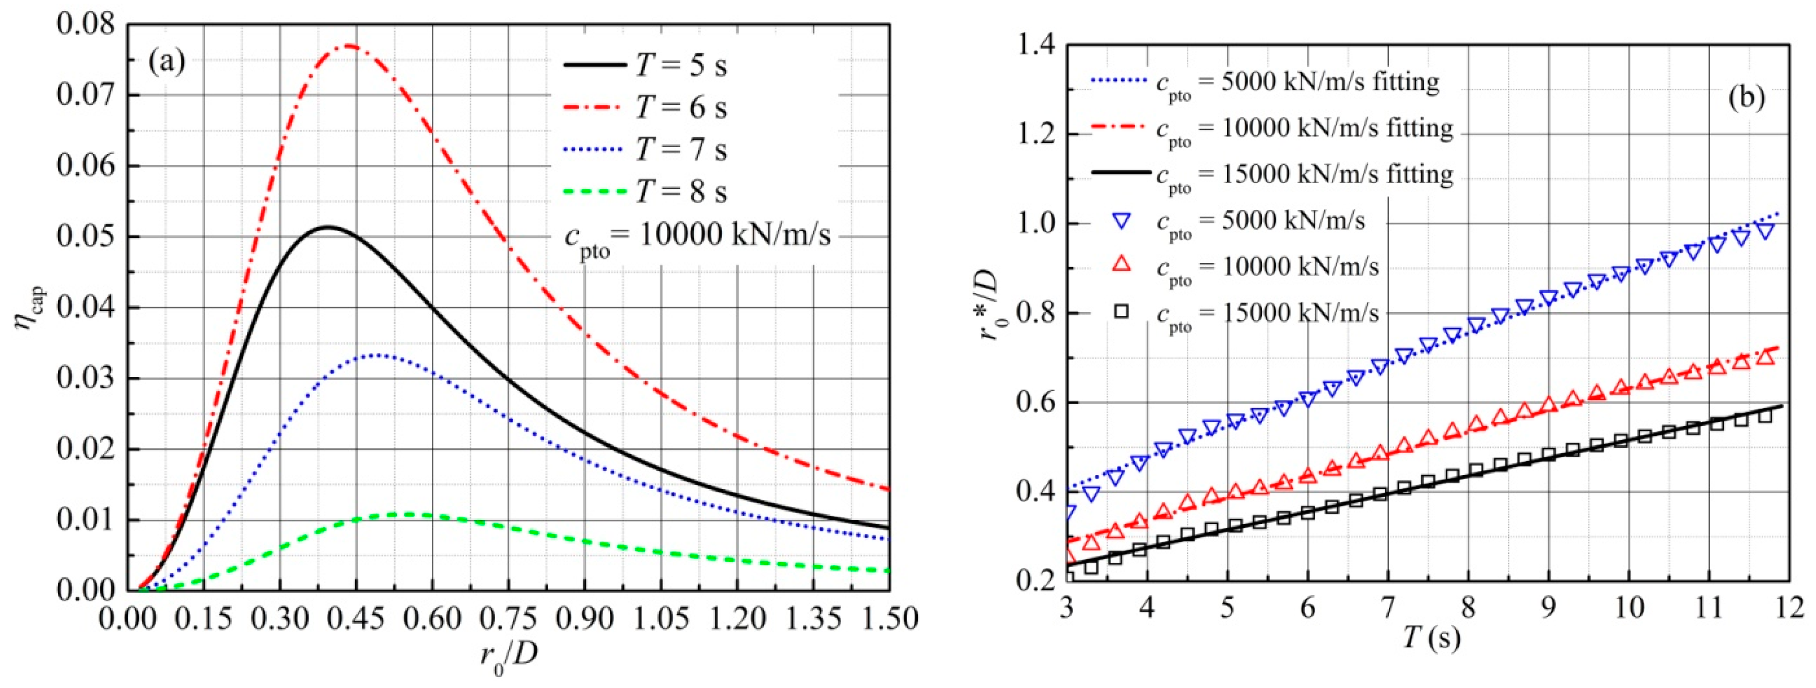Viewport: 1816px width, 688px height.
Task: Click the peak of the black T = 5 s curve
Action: pos(326,227)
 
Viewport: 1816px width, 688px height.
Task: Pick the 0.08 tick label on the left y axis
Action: pos(85,26)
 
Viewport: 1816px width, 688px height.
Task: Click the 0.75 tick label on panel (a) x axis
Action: pos(508,619)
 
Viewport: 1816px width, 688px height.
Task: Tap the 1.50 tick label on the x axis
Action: pos(888,619)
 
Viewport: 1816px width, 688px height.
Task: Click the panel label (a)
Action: pos(167,64)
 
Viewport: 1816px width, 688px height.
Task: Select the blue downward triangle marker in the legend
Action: pos(1121,221)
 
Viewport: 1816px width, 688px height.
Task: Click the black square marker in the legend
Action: pos(1121,311)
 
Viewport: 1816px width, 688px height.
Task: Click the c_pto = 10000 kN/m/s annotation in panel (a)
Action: pos(698,236)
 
